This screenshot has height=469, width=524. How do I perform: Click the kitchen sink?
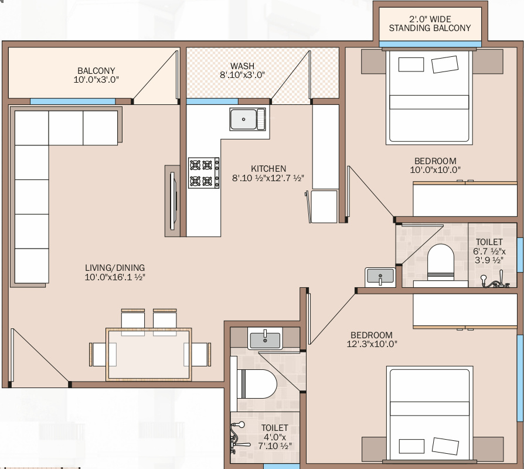[x=247, y=119]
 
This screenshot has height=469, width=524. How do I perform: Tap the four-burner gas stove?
[x=204, y=173]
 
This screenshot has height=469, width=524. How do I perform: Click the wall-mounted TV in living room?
[x=172, y=200]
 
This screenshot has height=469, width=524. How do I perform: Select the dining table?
[x=149, y=354]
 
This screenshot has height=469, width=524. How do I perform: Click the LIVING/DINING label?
[x=115, y=268]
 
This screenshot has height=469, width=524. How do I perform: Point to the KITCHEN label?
[x=268, y=168]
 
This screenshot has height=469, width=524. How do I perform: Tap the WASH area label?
[x=242, y=66]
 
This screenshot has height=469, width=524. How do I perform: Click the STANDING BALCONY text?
[x=430, y=28]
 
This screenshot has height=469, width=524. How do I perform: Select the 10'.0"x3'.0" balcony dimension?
[x=96, y=80]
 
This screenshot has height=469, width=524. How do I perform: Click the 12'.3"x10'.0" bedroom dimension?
[x=372, y=344]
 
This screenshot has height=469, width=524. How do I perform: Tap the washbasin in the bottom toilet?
[x=265, y=339]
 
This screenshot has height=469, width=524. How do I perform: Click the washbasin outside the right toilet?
[x=380, y=277]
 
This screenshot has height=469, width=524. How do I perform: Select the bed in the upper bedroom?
[x=429, y=97]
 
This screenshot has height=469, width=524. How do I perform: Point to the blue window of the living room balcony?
[x=73, y=101]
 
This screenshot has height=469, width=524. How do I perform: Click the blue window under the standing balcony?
[x=430, y=44]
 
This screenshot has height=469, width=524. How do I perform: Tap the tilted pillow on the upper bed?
[x=445, y=64]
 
